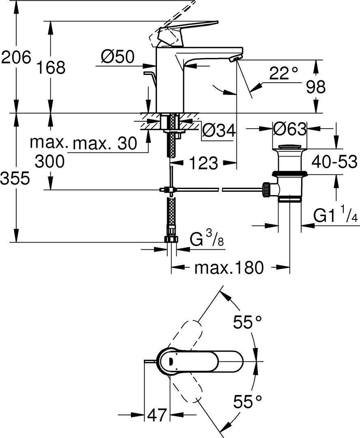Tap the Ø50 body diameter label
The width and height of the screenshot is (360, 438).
tap(118, 57)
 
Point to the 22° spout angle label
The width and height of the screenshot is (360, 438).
tap(283, 74)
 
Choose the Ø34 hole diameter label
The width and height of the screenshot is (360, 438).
tap(219, 130)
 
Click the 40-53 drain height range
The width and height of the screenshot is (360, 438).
tap(334, 162)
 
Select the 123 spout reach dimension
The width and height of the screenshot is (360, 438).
tap(203, 163)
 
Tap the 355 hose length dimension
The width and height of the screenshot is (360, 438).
tap(15, 178)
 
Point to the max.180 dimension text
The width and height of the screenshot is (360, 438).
tap(229, 268)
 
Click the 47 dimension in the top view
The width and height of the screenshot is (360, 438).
tap(157, 415)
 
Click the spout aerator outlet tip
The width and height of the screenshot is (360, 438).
tap(234, 59)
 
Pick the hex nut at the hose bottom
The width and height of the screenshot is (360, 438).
tap(172, 239)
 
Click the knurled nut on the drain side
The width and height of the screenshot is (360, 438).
tap(267, 189)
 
